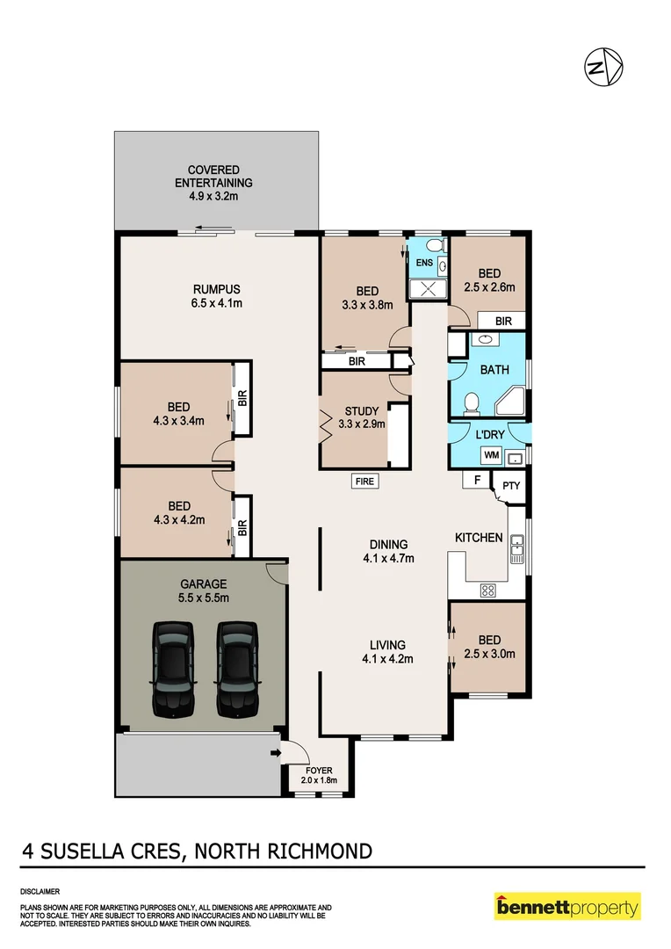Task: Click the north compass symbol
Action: (x=604, y=67)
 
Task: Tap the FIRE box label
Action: (x=364, y=481)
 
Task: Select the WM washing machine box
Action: (x=492, y=456)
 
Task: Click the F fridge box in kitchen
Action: (x=476, y=481)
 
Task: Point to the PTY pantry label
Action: (x=510, y=484)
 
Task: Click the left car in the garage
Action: (x=173, y=668)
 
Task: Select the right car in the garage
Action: (x=236, y=668)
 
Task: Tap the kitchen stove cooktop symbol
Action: (x=487, y=590)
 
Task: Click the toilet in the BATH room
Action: (x=471, y=403)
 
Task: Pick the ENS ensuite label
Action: (x=424, y=263)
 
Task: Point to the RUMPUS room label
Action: (x=217, y=296)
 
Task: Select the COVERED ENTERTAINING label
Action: (x=213, y=183)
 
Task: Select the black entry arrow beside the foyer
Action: (x=277, y=753)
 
